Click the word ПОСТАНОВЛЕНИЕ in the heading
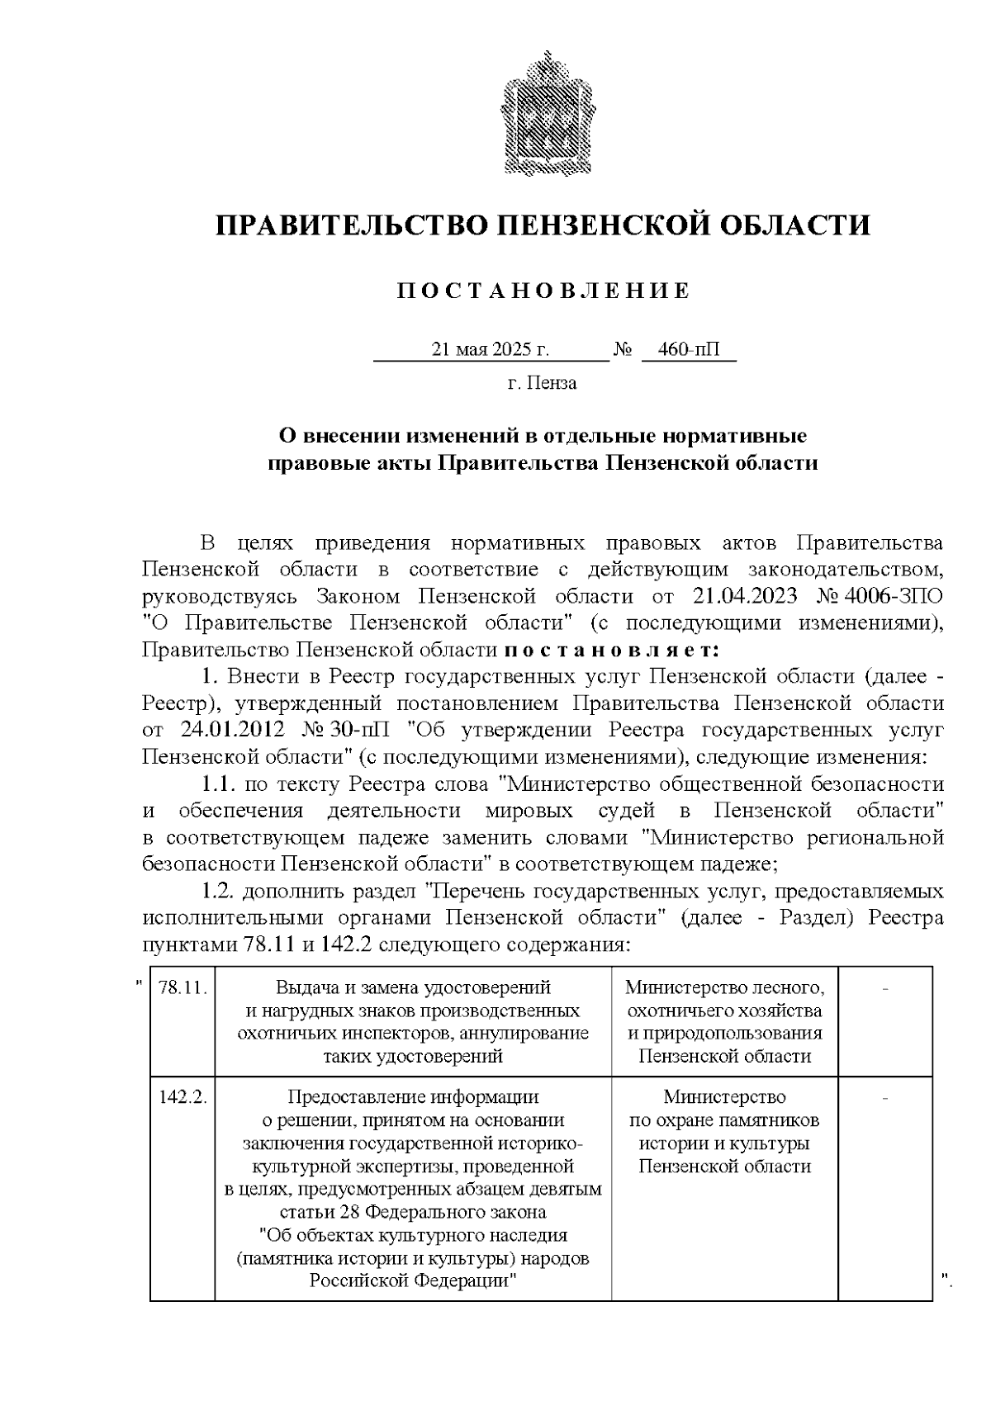[x=543, y=291]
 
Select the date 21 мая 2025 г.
[x=491, y=350]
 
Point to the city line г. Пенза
[x=542, y=383]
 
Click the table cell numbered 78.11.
[x=182, y=987]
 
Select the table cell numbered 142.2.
[x=182, y=1097]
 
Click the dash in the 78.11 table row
[x=884, y=987]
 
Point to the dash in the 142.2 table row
[x=884, y=1097]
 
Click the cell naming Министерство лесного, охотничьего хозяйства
[x=724, y=1021]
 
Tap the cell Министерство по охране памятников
[x=724, y=1132]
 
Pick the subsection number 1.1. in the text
[x=220, y=783]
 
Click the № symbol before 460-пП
[x=623, y=350]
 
